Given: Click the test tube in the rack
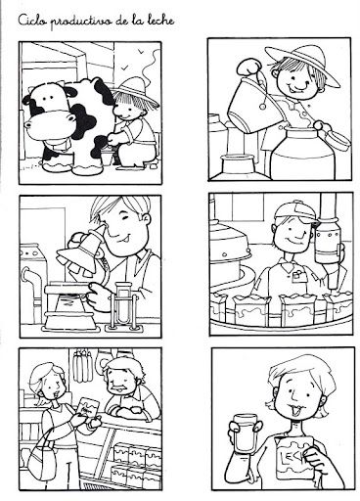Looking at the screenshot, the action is tap(122, 303).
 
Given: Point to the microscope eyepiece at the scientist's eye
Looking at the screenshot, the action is tap(98, 231).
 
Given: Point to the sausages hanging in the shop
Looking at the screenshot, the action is tap(81, 366).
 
